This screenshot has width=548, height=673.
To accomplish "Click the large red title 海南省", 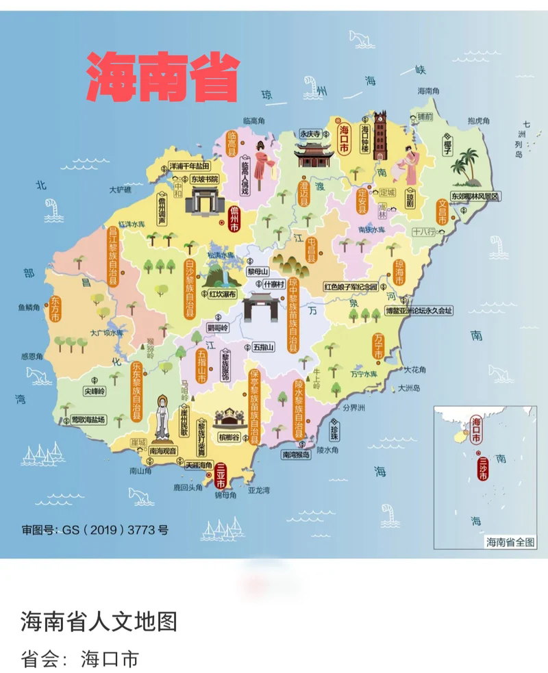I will point(163,77).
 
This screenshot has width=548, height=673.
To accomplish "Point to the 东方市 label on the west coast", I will point(54,312).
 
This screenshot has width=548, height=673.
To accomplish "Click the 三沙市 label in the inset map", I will point(483,468).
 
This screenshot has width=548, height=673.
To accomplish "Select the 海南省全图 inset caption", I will point(510,542).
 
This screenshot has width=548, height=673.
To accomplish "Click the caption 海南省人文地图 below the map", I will point(99,621).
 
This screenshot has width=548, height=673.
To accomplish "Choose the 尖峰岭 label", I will point(95,391).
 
